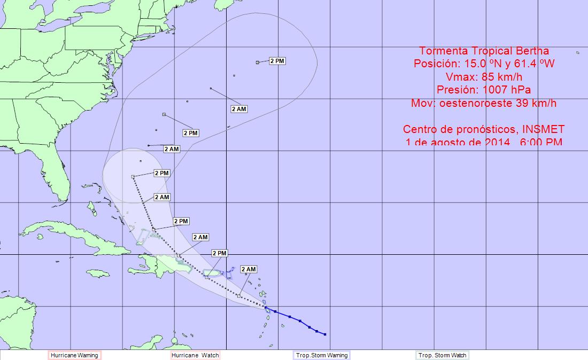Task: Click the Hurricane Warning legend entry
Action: click(x=74, y=355)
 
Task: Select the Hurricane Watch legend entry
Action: click(x=195, y=355)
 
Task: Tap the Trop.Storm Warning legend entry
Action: click(x=321, y=355)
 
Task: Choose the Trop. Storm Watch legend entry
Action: click(x=442, y=355)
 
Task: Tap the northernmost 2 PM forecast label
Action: click(x=277, y=61)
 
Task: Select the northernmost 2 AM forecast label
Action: click(x=239, y=109)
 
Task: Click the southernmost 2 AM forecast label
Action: click(x=249, y=269)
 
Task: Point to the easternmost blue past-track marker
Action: click(x=325, y=334)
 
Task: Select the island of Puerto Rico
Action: click(x=212, y=274)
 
